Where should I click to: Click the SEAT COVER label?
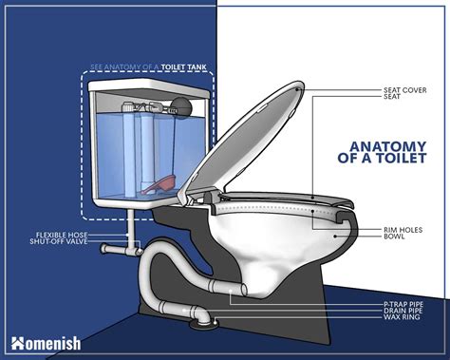(x=405, y=90)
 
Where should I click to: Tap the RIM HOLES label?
(x=403, y=230)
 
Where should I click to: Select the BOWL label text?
(x=394, y=237)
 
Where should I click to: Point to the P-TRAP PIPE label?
(x=403, y=305)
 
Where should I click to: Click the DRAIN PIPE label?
(x=403, y=311)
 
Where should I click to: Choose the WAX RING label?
(x=402, y=317)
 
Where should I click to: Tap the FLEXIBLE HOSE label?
(x=62, y=235)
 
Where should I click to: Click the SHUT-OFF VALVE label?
(x=59, y=241)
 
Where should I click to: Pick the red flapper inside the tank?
(x=159, y=184)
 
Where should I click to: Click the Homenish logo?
(x=46, y=344)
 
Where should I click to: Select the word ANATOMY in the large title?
(x=388, y=146)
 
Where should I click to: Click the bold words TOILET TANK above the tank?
(x=183, y=67)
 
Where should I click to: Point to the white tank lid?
(x=149, y=86)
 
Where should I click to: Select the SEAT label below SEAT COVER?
(x=392, y=97)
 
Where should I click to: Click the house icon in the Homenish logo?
(x=18, y=344)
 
